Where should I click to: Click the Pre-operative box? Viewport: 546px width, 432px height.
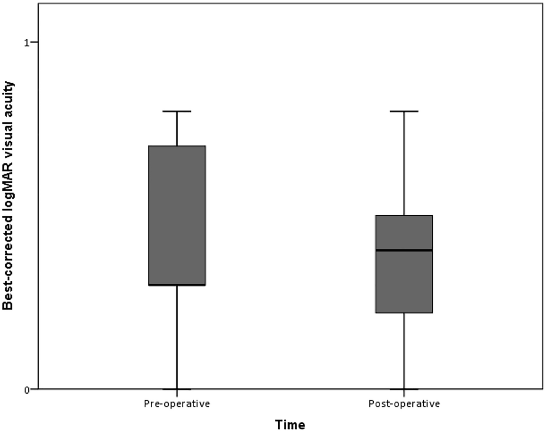[177, 215]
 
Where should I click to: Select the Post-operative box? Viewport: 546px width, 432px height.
[404, 264]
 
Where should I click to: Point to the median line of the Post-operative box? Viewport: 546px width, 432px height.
[404, 250]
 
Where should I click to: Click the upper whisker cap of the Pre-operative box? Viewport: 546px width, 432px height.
[177, 111]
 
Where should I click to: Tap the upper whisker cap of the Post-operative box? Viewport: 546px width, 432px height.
[404, 111]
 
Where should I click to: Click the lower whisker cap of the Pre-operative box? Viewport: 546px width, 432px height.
[177, 389]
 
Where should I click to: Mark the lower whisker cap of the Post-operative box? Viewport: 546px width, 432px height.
[404, 389]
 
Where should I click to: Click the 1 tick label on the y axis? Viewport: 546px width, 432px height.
[26, 43]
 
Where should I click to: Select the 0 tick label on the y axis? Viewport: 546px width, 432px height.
[26, 390]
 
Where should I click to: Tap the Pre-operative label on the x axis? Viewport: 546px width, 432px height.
[177, 404]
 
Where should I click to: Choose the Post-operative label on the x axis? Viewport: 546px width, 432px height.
[404, 404]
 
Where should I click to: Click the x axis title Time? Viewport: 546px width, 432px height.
[290, 424]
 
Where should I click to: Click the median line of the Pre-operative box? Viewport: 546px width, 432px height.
[177, 285]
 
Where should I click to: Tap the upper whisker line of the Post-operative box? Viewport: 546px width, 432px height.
[404, 164]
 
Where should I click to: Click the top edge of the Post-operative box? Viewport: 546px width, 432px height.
[404, 216]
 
